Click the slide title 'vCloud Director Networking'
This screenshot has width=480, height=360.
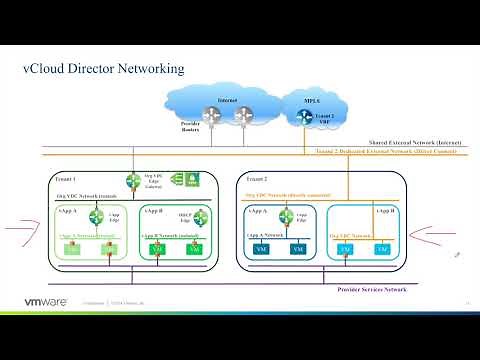(103, 69)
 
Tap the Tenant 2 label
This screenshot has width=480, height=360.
(256, 176)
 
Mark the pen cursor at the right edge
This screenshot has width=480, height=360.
(457, 255)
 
